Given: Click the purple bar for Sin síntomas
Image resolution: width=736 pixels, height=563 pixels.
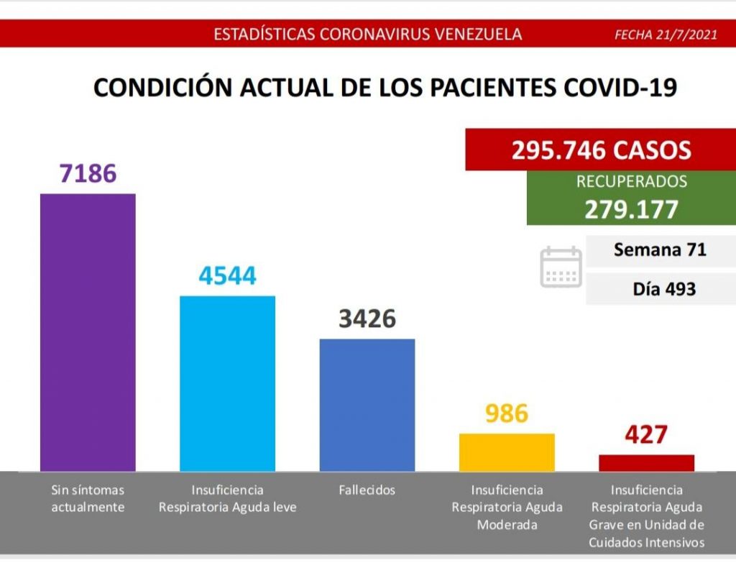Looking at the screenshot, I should pyautogui.click(x=88, y=331).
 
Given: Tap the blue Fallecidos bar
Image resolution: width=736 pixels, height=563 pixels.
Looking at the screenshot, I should pyautogui.click(x=367, y=404).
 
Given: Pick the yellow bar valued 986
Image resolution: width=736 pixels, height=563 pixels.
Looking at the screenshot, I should pyautogui.click(x=507, y=452).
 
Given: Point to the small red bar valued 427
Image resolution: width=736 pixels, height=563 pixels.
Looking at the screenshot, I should pyautogui.click(x=646, y=462).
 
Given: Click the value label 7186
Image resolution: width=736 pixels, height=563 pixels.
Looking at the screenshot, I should pyautogui.click(x=88, y=173).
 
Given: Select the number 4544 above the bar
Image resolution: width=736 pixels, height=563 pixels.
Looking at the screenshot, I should pyautogui.click(x=227, y=276).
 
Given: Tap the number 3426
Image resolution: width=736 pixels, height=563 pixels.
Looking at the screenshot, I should pyautogui.click(x=367, y=319).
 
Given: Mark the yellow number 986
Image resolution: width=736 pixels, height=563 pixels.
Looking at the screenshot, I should pyautogui.click(x=507, y=413).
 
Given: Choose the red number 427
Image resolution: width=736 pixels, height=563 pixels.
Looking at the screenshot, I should pyautogui.click(x=646, y=435).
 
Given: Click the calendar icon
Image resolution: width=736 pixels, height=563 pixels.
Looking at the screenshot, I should pyautogui.click(x=561, y=267).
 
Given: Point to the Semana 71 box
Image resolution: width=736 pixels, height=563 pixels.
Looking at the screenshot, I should pyautogui.click(x=660, y=250).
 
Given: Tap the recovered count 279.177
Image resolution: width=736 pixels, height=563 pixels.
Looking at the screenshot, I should pyautogui.click(x=631, y=209).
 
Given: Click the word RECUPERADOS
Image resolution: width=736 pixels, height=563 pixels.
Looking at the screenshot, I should pyautogui.click(x=631, y=182).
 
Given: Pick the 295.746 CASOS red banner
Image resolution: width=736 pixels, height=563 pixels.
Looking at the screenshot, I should pyautogui.click(x=601, y=150).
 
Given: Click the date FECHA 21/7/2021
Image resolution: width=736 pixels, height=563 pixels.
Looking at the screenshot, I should pyautogui.click(x=666, y=35).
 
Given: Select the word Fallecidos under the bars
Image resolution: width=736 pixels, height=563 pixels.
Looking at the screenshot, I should pyautogui.click(x=367, y=490).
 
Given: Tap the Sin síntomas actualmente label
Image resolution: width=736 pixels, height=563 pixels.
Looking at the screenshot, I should pyautogui.click(x=88, y=498).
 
